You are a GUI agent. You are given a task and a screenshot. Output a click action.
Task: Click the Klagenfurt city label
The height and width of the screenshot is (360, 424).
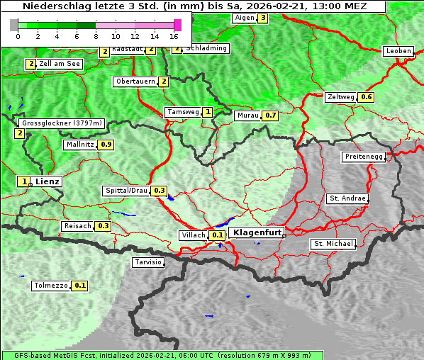[x=257, y=232]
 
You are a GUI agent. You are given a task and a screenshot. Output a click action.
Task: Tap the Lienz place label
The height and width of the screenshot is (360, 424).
[x=48, y=181]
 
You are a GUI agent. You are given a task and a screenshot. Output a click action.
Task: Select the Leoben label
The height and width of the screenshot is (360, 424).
[x=398, y=51]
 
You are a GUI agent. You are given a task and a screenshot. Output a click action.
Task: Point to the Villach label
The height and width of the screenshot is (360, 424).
[x=194, y=235]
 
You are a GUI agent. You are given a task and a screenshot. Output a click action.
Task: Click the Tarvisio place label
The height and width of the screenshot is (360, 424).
[x=148, y=262]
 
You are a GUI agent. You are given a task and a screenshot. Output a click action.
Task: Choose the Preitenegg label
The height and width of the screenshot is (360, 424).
[x=364, y=157]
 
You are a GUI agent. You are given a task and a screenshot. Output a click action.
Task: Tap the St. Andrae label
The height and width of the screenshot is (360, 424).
[x=347, y=198]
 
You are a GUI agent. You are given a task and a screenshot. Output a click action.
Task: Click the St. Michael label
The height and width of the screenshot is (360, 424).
[x=333, y=244]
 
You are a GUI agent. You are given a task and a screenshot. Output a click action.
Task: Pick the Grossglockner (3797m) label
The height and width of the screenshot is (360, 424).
[x=62, y=123]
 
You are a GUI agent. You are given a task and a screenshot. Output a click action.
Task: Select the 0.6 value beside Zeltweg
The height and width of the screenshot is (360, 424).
[x=366, y=97]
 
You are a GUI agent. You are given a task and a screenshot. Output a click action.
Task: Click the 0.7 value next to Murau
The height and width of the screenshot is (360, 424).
[x=269, y=115]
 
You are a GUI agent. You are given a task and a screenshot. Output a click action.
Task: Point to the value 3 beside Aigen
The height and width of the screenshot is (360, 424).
[x=263, y=18]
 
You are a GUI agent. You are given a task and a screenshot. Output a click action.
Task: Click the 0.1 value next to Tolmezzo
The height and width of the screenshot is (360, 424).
[x=80, y=286]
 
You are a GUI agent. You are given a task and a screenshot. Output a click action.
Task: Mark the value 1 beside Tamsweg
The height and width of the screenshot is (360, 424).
[x=207, y=112]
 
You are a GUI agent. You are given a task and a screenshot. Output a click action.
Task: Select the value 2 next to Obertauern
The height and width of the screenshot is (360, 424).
[x=164, y=81]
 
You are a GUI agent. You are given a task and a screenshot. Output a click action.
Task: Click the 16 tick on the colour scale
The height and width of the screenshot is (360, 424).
[x=174, y=35]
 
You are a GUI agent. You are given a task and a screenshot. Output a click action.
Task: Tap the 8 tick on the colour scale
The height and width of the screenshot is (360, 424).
[x=96, y=35]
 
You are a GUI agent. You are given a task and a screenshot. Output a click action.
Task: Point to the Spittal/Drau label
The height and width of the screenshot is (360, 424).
[x=125, y=191]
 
